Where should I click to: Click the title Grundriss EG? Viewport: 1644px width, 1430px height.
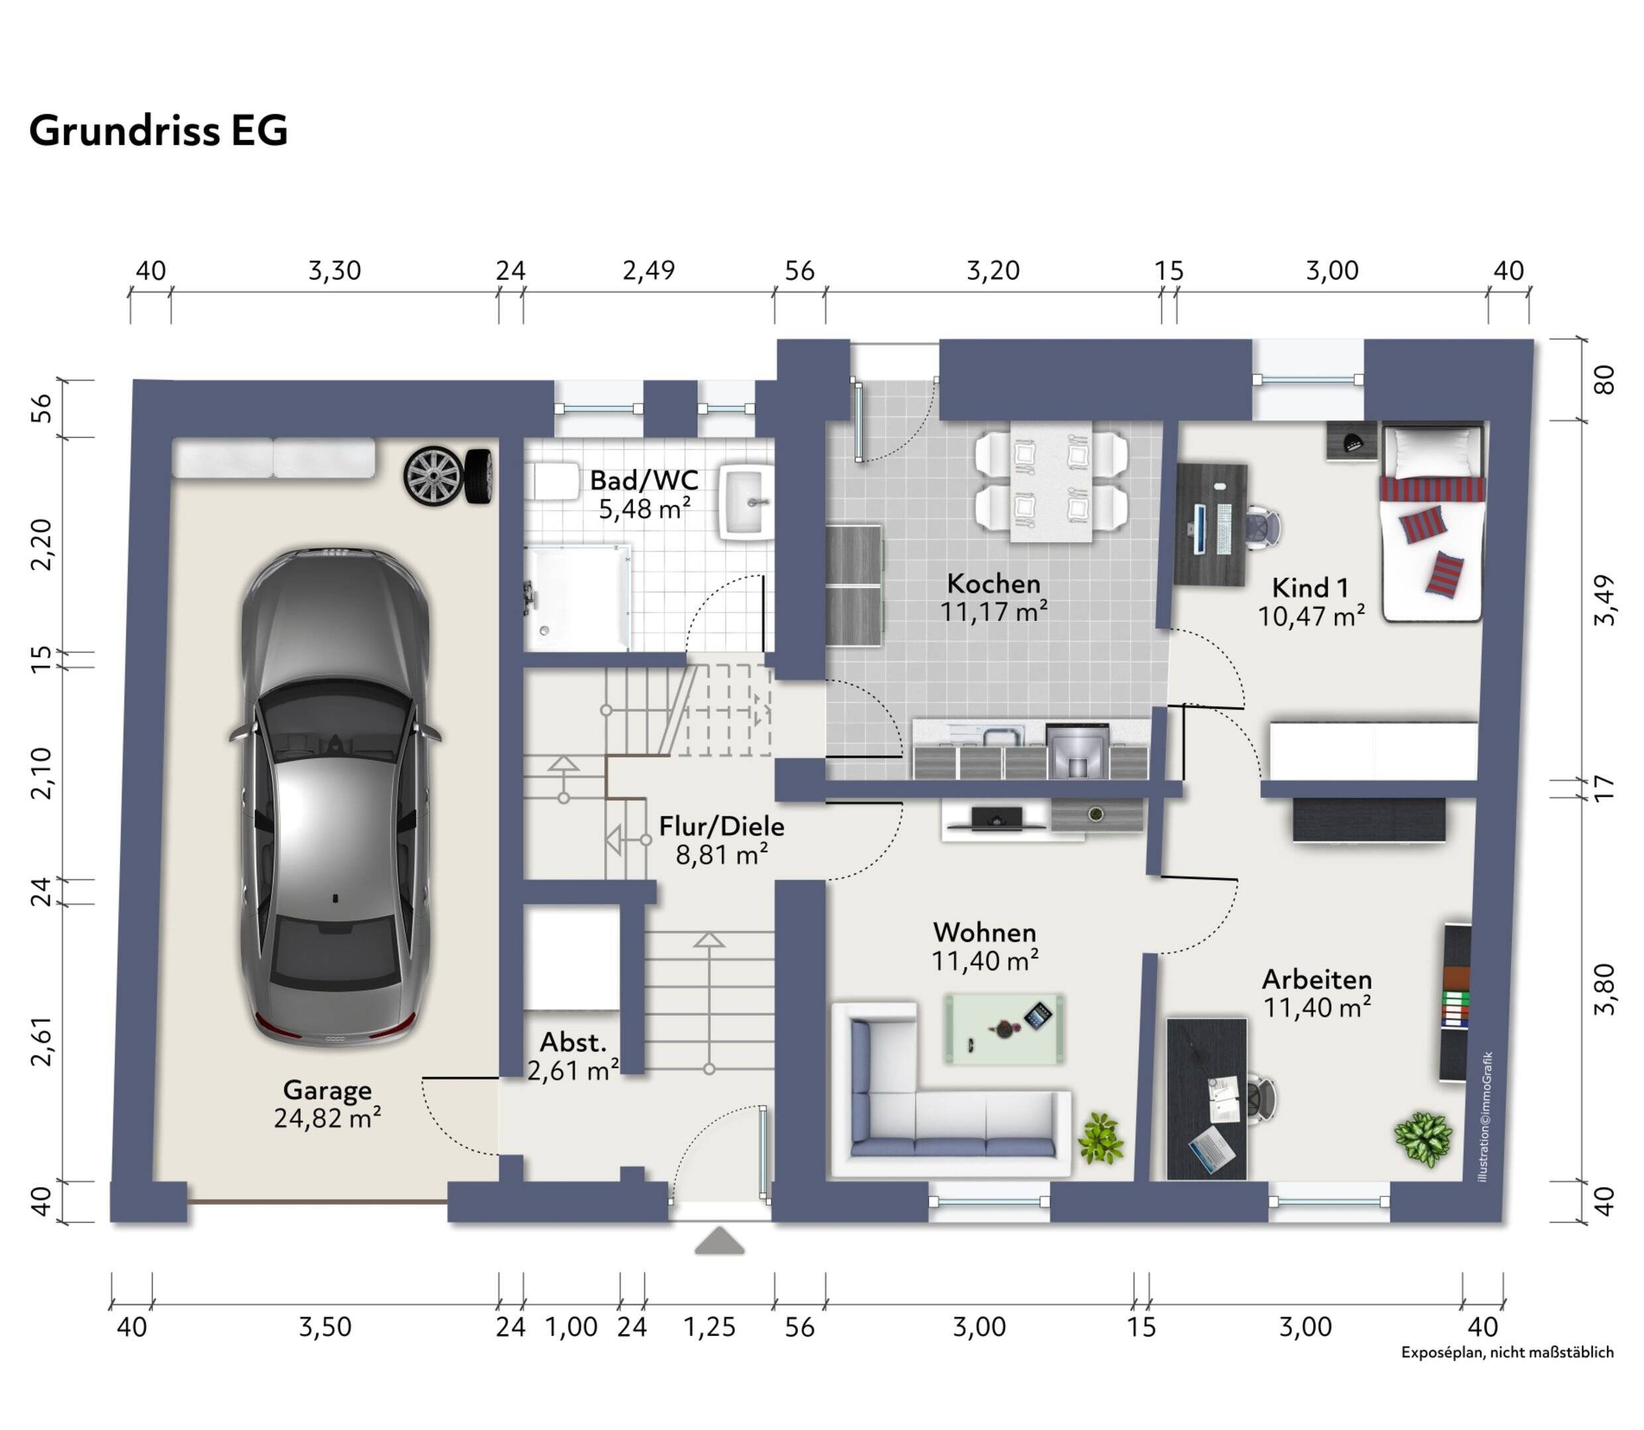[158, 130]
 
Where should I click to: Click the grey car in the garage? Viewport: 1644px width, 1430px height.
[335, 796]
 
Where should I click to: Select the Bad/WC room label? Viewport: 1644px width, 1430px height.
[644, 481]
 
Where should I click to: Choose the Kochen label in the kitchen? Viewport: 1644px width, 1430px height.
[994, 583]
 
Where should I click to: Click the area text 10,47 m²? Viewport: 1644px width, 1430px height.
[1311, 616]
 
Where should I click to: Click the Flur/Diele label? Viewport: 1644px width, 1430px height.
[721, 826]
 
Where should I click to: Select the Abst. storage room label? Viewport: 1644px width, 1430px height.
[573, 1042]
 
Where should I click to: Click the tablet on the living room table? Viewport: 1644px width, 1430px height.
[1038, 1016]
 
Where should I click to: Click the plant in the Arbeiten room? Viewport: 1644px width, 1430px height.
[1423, 1140]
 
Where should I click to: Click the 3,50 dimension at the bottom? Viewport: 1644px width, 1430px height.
[325, 1327]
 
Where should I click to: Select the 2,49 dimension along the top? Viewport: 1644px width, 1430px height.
[649, 270]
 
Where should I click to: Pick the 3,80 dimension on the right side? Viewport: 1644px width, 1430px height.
[1604, 990]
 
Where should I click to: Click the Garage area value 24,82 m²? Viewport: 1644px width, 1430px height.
[327, 1118]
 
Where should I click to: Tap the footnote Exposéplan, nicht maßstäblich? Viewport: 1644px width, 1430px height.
[1507, 1352]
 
